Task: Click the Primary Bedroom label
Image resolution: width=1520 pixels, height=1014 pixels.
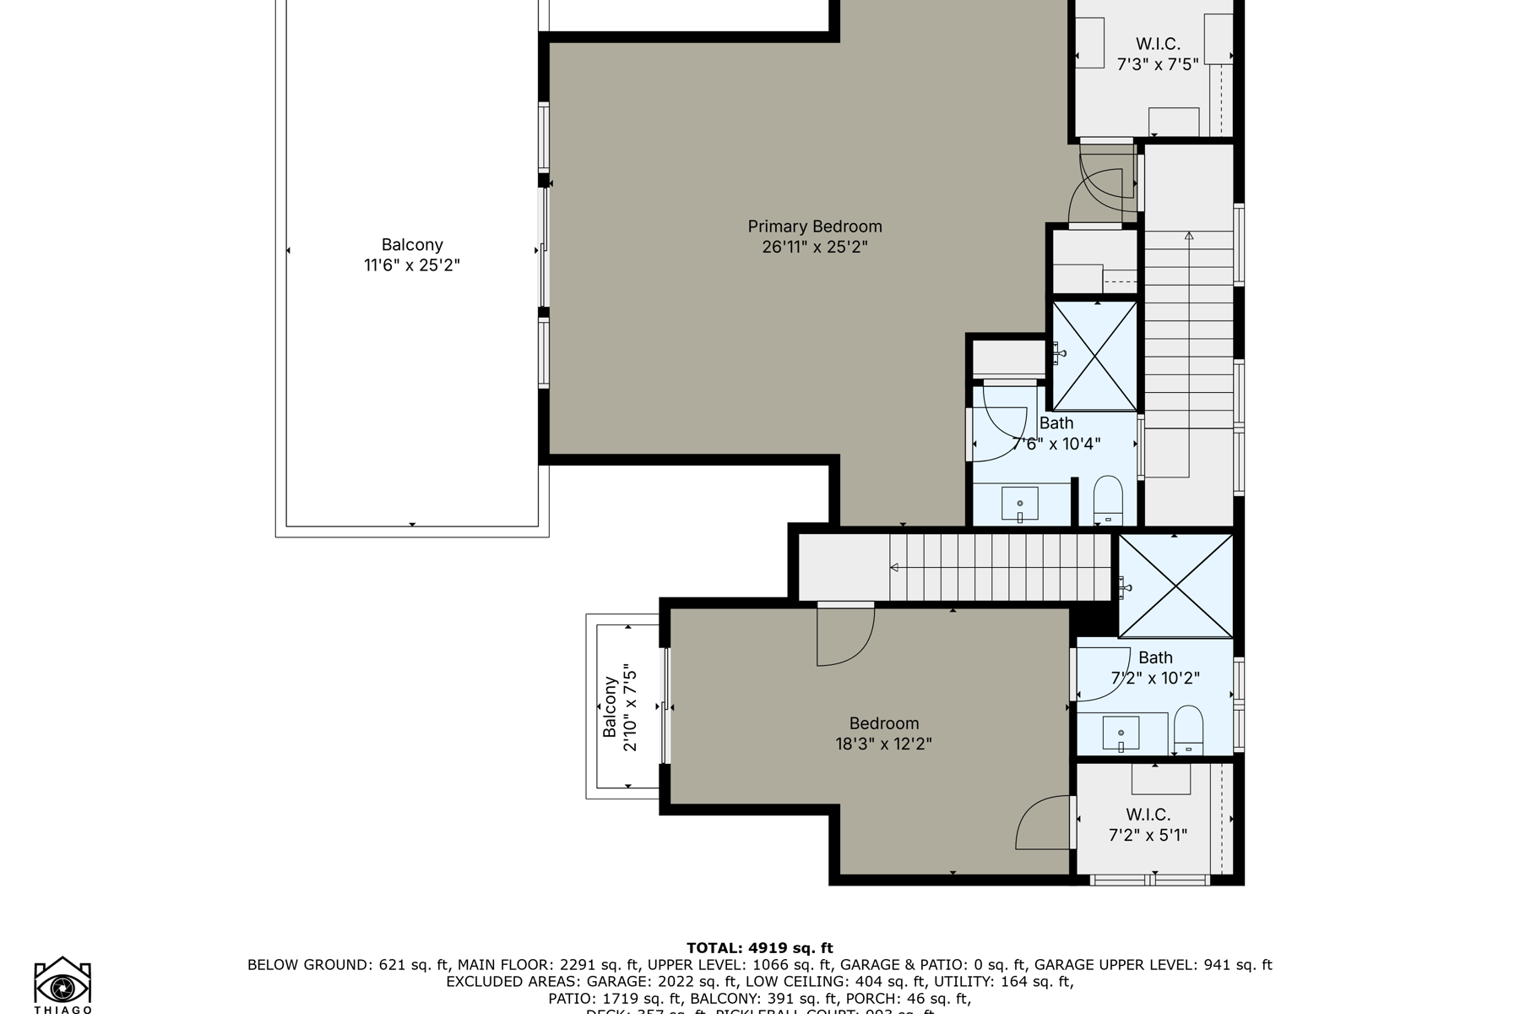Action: pyautogui.click(x=814, y=226)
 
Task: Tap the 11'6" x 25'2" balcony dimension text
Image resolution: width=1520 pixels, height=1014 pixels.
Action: pyautogui.click(x=412, y=265)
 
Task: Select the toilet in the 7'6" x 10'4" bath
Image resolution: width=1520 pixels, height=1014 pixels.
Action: pyautogui.click(x=1108, y=500)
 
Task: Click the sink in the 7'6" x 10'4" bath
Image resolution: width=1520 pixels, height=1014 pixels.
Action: pyautogui.click(x=1020, y=504)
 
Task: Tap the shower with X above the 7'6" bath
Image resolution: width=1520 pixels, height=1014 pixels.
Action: pyautogui.click(x=1095, y=356)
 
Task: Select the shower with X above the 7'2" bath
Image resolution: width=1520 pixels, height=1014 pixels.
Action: pyautogui.click(x=1175, y=586)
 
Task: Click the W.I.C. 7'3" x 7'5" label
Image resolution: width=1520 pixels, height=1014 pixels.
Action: pyautogui.click(x=1158, y=54)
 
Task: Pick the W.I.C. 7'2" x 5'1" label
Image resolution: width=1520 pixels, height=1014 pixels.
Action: pyautogui.click(x=1148, y=825)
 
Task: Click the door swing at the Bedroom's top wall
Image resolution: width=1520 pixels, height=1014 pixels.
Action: pyautogui.click(x=845, y=635)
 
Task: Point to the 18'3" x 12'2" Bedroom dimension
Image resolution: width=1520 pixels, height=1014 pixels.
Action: pyautogui.click(x=883, y=744)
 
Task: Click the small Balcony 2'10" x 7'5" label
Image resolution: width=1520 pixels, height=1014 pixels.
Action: pyautogui.click(x=619, y=706)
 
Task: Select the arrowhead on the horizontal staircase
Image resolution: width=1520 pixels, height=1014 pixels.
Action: pyautogui.click(x=894, y=568)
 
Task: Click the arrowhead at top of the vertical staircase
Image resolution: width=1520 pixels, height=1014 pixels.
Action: pyautogui.click(x=1189, y=236)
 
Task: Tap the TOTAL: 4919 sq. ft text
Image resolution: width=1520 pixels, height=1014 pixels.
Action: pyautogui.click(x=759, y=948)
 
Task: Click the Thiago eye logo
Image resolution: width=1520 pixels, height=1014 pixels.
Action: pyautogui.click(x=62, y=985)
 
